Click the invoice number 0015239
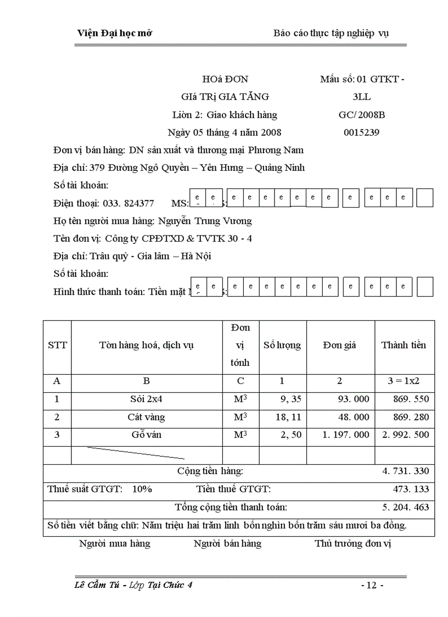361,132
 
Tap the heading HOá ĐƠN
225,79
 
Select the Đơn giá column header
339,345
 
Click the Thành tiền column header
404,345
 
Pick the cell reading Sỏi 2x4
146,399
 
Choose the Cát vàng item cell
146,417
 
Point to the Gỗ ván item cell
146,435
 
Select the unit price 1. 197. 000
346,435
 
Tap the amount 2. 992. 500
406,435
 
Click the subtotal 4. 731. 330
406,471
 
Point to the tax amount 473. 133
411,489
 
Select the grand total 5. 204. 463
406,507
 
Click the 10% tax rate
142,489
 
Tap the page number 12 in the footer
372,585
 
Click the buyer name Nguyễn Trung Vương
205,221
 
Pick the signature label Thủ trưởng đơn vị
352,543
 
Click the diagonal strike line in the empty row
136,453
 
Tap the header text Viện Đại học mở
114,33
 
